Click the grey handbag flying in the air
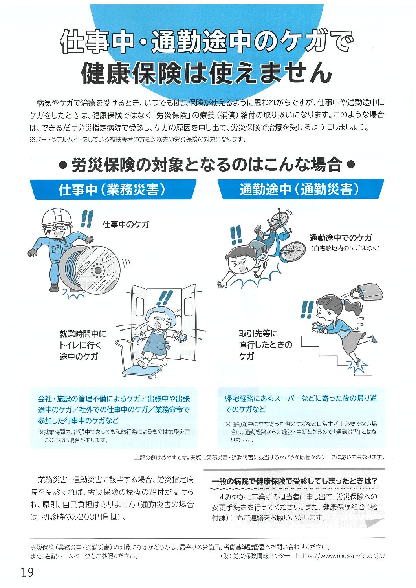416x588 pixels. point(367,293)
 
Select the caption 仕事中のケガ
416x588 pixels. point(126,225)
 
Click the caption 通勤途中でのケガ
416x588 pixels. point(341,238)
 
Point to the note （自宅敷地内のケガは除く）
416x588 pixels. point(345,248)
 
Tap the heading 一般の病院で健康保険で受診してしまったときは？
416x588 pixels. point(294,481)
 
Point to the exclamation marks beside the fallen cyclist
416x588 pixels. point(236,235)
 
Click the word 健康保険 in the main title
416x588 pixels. point(130,75)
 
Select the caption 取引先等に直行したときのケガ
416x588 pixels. point(266,345)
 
